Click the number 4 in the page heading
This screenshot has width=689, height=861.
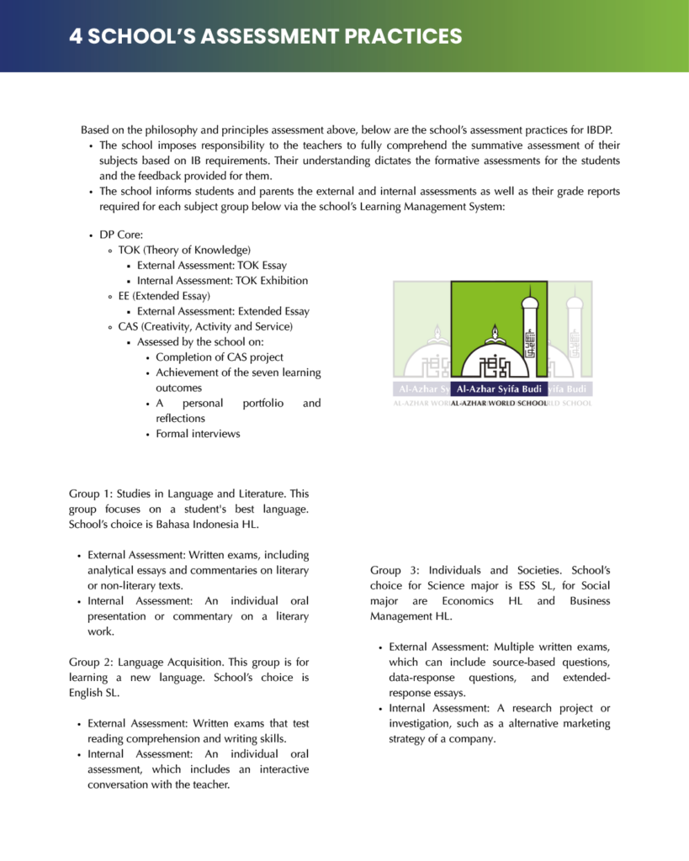pyautogui.click(x=75, y=36)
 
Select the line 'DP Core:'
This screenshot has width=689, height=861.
pyautogui.click(x=121, y=235)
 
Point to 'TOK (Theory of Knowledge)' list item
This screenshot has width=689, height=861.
pyautogui.click(x=184, y=251)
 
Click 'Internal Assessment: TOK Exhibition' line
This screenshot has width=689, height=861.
pyautogui.click(x=222, y=281)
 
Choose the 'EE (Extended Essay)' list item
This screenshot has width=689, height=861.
pyautogui.click(x=164, y=296)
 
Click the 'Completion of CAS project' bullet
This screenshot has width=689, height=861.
pyautogui.click(x=220, y=357)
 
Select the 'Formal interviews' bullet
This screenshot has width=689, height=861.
pyautogui.click(x=198, y=434)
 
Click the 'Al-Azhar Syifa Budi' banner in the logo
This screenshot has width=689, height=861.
pyautogui.click(x=499, y=388)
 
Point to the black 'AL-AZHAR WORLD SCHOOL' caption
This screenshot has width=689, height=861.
pyautogui.click(x=499, y=404)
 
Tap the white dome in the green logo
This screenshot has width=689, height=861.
pyautogui.click(x=492, y=357)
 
